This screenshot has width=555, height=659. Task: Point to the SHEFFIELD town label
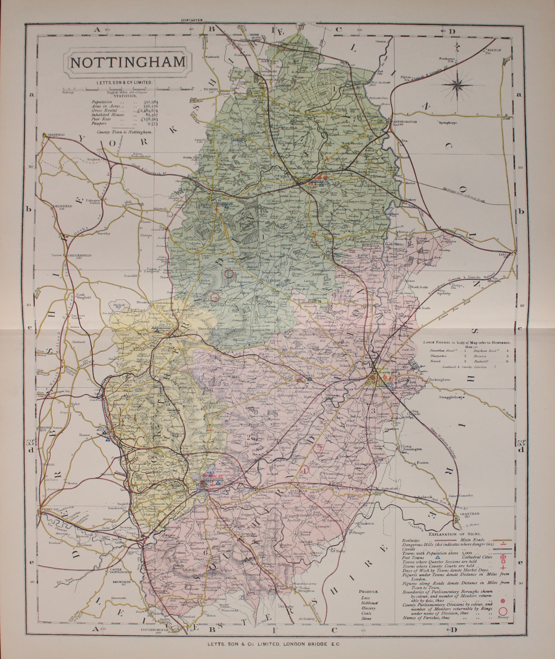click(57, 135)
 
